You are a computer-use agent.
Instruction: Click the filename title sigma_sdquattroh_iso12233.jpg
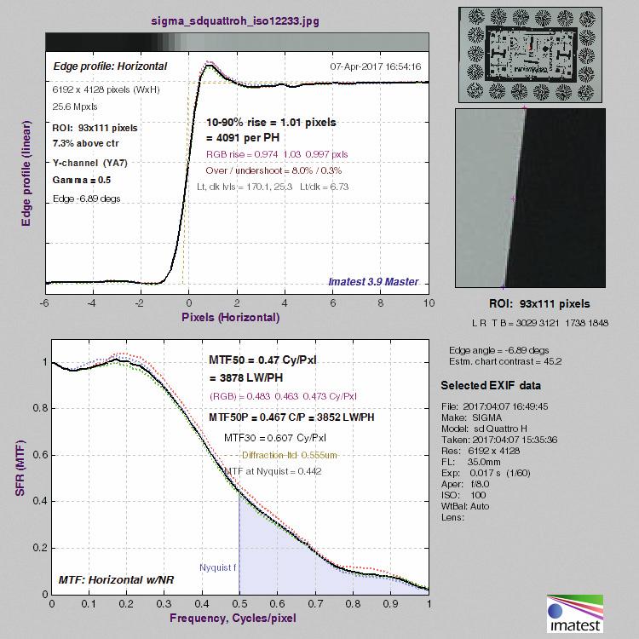pyautogui.click(x=235, y=20)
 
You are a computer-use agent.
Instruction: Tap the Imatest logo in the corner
pyautogui.click(x=574, y=613)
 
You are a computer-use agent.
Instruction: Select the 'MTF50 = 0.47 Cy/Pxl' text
pyautogui.click(x=262, y=360)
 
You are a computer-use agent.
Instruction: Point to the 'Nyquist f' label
pyautogui.click(x=217, y=567)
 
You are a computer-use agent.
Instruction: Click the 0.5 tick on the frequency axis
pyautogui.click(x=239, y=603)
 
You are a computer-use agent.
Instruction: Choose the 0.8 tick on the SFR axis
pyautogui.click(x=40, y=408)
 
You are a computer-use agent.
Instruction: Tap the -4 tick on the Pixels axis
pyautogui.click(x=92, y=302)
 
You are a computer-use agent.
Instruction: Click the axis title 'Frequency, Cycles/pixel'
pyautogui.click(x=233, y=619)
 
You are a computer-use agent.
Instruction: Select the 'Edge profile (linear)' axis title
pyautogui.click(x=26, y=173)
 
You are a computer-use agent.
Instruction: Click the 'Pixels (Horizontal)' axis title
pyautogui.click(x=231, y=318)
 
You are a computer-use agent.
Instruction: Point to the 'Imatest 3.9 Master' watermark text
pyautogui.click(x=373, y=282)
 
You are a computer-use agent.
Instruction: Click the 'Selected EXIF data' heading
pyautogui.click(x=491, y=385)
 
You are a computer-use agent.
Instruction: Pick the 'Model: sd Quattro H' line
pyautogui.click(x=484, y=429)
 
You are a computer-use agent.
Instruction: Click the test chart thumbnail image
pyautogui.click(x=530, y=55)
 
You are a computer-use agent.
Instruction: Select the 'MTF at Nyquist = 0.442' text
pyautogui.click(x=273, y=471)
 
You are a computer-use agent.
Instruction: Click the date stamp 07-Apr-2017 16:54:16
pyautogui.click(x=376, y=66)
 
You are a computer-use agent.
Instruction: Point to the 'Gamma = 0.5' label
pyautogui.click(x=82, y=180)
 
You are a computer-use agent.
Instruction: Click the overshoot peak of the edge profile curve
pyautogui.click(x=210, y=66)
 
